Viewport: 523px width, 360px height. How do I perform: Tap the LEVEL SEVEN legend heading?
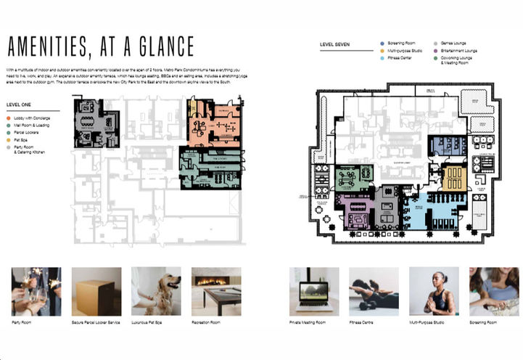click(x=334, y=44)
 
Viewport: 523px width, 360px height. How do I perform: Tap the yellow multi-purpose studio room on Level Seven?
click(x=455, y=176)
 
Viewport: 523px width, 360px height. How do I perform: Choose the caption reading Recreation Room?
click(x=206, y=322)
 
